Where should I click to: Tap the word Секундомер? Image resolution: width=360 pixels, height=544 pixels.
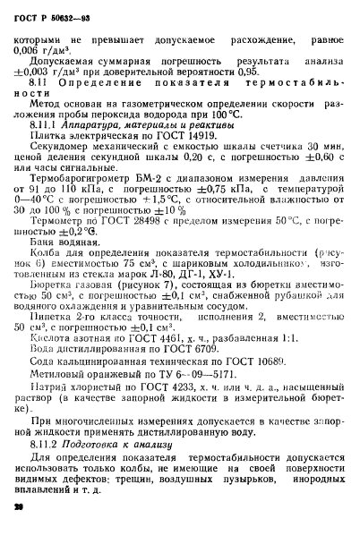pos(73,175)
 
